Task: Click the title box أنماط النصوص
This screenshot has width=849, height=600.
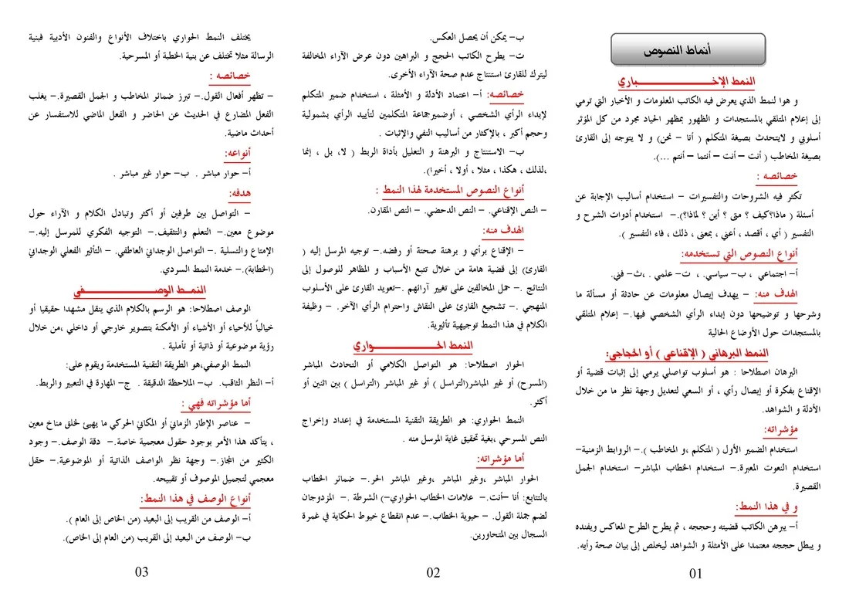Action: pyautogui.click(x=688, y=50)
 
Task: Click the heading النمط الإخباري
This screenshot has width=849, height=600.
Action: pyautogui.click(x=687, y=83)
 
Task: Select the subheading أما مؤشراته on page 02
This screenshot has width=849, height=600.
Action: pyautogui.click(x=502, y=459)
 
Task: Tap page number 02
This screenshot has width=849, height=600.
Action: pyautogui.click(x=433, y=572)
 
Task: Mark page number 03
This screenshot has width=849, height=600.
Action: pyautogui.click(x=142, y=572)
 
